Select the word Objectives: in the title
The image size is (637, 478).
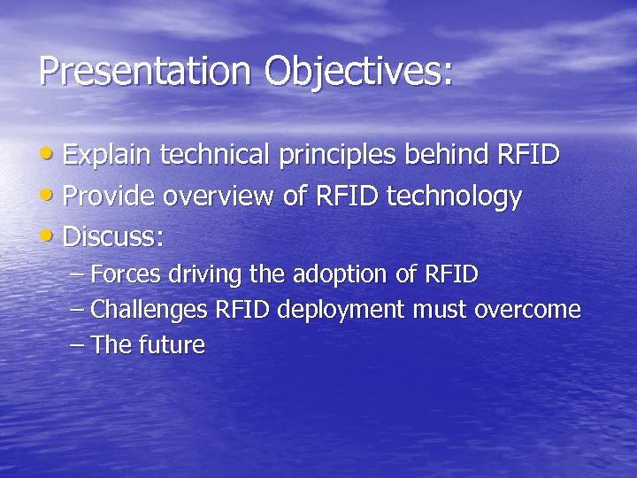click(357, 72)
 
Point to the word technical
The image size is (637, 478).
click(216, 156)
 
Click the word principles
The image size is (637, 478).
click(337, 157)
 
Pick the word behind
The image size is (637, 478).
click(447, 156)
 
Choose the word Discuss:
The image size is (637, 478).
click(114, 237)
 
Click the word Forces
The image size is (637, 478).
click(126, 275)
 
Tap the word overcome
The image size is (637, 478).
click(527, 311)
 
